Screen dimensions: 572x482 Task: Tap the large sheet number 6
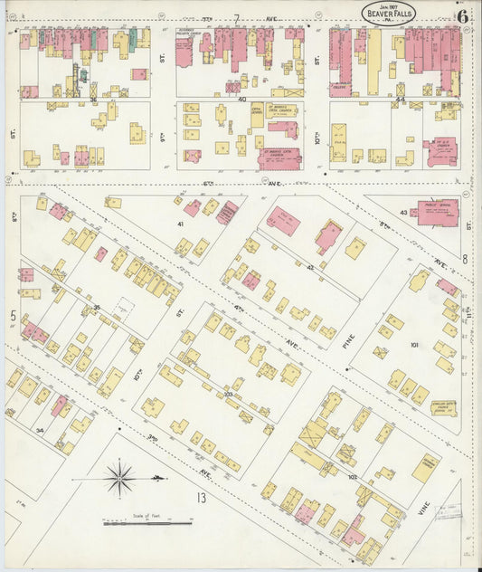[462, 14]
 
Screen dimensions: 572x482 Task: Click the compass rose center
[119, 475]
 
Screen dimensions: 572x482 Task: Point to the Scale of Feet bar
[135, 523]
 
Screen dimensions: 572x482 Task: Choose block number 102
[353, 477]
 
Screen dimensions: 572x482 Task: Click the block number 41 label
[180, 223]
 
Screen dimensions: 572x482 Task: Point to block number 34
[39, 431]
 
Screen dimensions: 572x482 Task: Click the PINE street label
[345, 341]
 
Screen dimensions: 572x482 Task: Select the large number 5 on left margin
[13, 315]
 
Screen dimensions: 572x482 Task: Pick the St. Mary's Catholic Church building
[279, 158]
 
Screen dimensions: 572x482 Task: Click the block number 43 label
[403, 213]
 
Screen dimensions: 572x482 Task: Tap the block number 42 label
[310, 267]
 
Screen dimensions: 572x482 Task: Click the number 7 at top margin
[236, 18]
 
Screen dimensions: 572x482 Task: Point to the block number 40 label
[242, 99]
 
